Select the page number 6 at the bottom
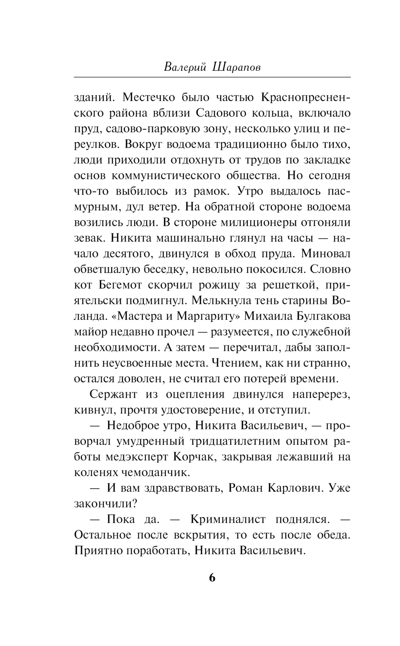click(212, 578)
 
